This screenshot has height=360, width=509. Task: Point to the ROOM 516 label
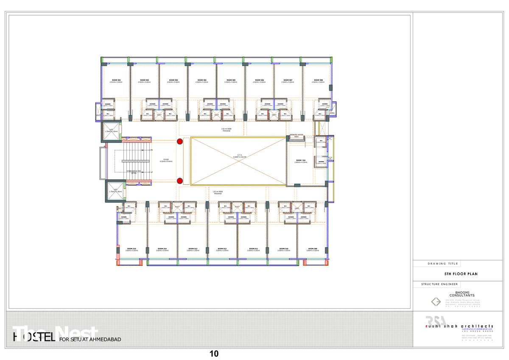click(x=301, y=160)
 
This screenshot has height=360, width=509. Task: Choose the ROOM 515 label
click(x=131, y=248)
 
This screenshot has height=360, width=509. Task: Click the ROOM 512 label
click(x=222, y=248)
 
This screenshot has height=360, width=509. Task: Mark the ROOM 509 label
click(x=313, y=248)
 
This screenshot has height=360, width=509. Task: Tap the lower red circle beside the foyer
click(x=180, y=181)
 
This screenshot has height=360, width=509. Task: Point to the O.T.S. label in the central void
click(x=239, y=155)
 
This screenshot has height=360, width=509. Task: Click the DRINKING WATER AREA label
click(x=297, y=136)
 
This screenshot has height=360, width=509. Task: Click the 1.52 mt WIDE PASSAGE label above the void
click(x=227, y=130)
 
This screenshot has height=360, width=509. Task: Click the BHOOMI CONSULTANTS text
click(x=461, y=294)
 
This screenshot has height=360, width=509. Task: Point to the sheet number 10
click(x=214, y=354)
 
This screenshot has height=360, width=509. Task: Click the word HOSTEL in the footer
click(x=34, y=338)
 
